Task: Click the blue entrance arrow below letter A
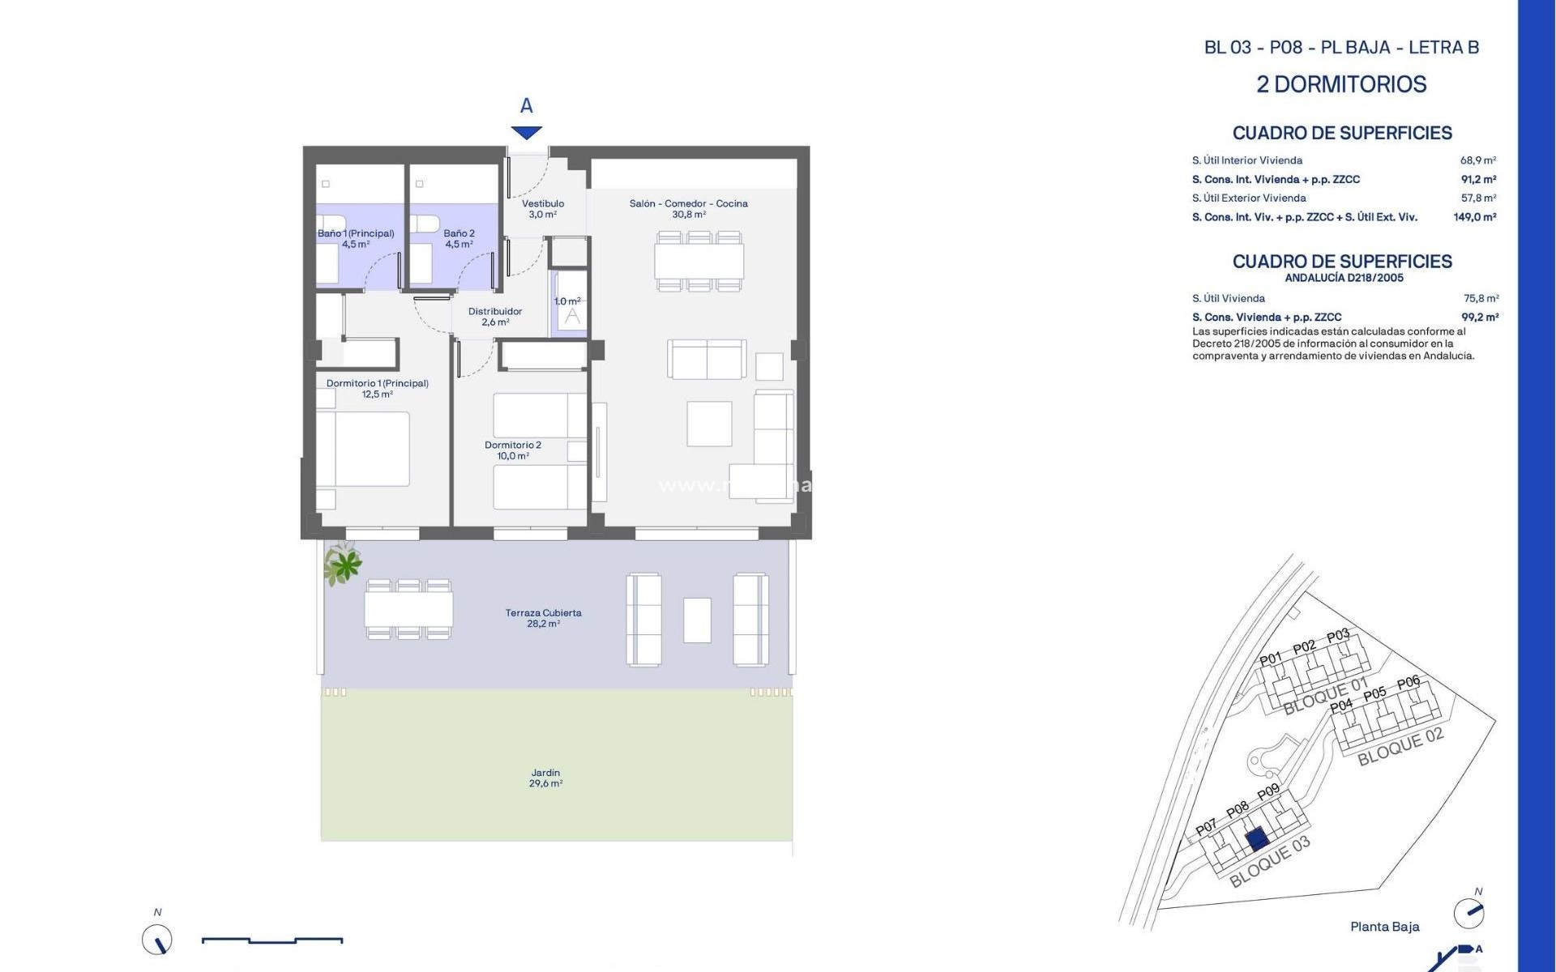526,133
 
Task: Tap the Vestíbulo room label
542,209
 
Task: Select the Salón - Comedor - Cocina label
688,209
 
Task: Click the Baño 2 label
459,238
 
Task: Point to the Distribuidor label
495,317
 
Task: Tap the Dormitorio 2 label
512,450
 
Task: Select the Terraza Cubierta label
543,618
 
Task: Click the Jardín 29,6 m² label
545,778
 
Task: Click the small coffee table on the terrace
697,620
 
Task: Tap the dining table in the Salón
699,261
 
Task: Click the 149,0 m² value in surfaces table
1474,217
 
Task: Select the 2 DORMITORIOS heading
1341,84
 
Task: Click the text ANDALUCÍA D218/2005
1344,278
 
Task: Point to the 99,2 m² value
1480,318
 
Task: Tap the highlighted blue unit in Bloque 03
1257,838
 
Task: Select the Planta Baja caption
1384,927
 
